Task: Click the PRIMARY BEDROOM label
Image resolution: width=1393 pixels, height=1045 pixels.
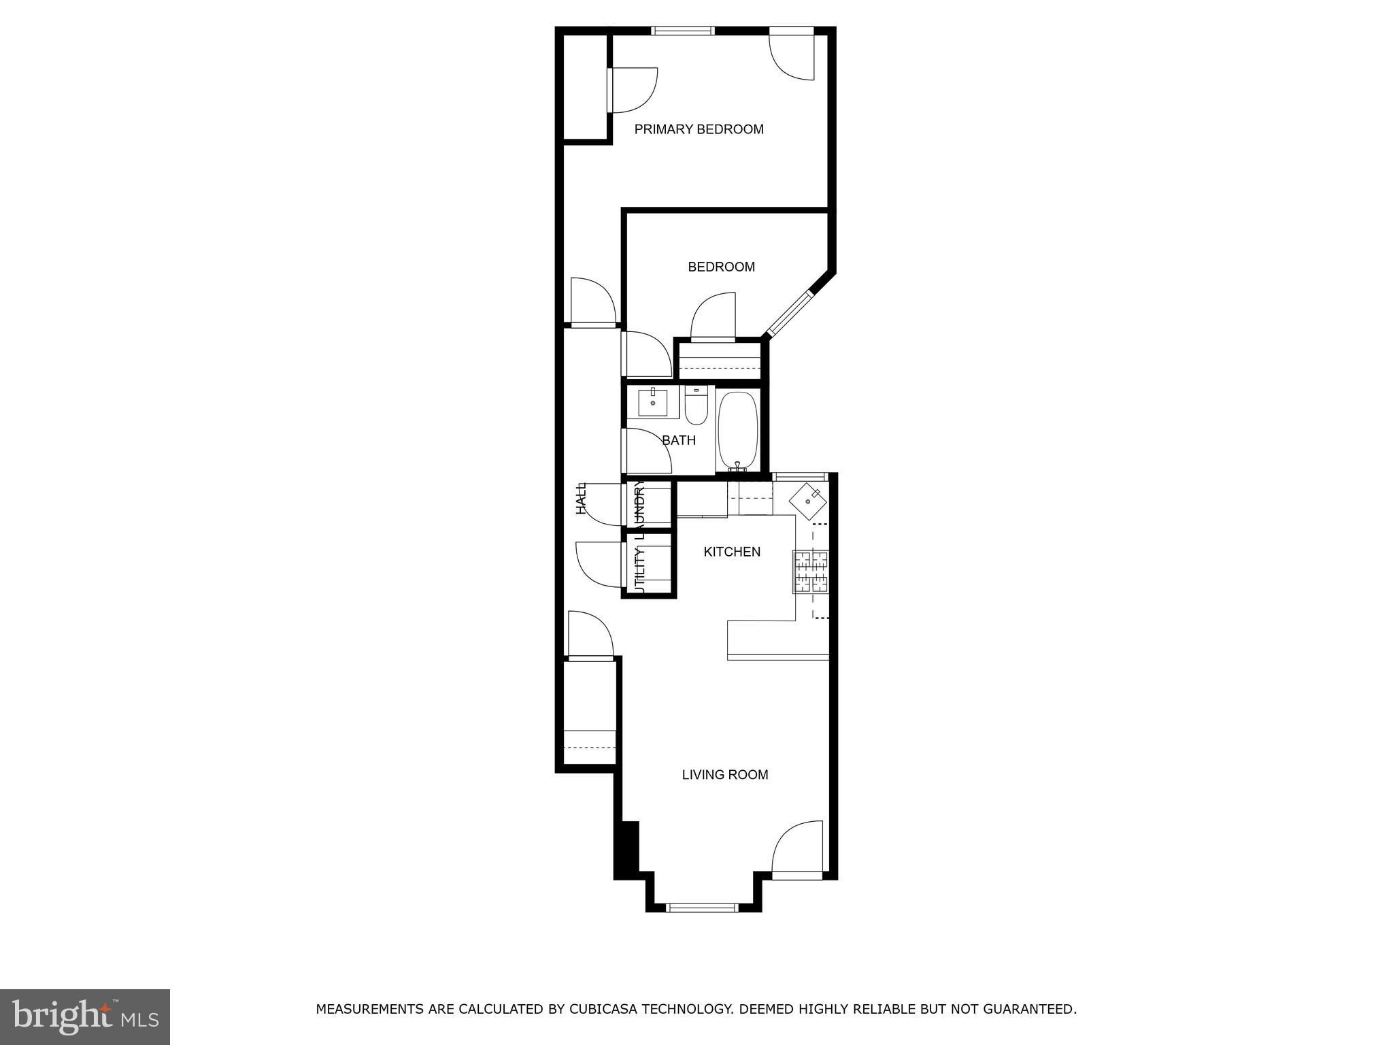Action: (x=699, y=129)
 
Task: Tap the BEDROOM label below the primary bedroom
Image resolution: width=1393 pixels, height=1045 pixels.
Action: (x=721, y=267)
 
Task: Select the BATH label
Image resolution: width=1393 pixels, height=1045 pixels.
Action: (x=679, y=440)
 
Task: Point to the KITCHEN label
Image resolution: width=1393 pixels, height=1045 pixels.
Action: (x=732, y=552)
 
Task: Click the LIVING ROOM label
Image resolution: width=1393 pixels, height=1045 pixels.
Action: (x=725, y=774)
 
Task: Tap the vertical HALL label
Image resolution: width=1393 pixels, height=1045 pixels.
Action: (x=581, y=499)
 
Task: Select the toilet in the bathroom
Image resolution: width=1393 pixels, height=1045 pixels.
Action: (x=696, y=405)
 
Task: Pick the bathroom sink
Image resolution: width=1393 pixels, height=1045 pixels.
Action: (x=653, y=402)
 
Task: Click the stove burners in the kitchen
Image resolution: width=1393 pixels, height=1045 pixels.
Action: (x=811, y=571)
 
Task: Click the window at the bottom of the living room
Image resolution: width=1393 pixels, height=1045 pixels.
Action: (x=702, y=907)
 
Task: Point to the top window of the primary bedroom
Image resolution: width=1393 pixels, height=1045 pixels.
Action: (x=683, y=31)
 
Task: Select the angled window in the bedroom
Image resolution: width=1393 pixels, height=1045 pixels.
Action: (x=789, y=314)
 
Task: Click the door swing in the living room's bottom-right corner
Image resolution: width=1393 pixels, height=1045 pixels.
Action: (x=797, y=849)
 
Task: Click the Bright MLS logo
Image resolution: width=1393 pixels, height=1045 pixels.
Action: (x=85, y=1017)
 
